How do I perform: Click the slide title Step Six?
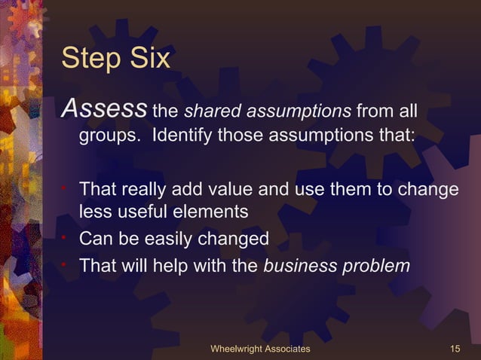click(x=115, y=59)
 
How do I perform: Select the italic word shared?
click(x=205, y=113)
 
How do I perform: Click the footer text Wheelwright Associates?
click(x=260, y=349)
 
